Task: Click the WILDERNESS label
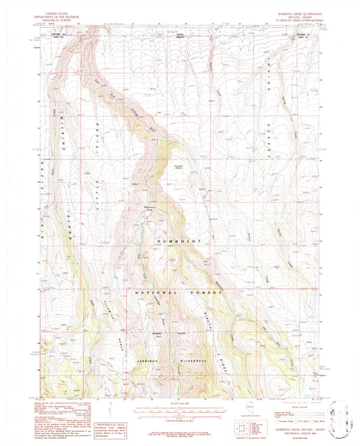[x=192, y=361]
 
